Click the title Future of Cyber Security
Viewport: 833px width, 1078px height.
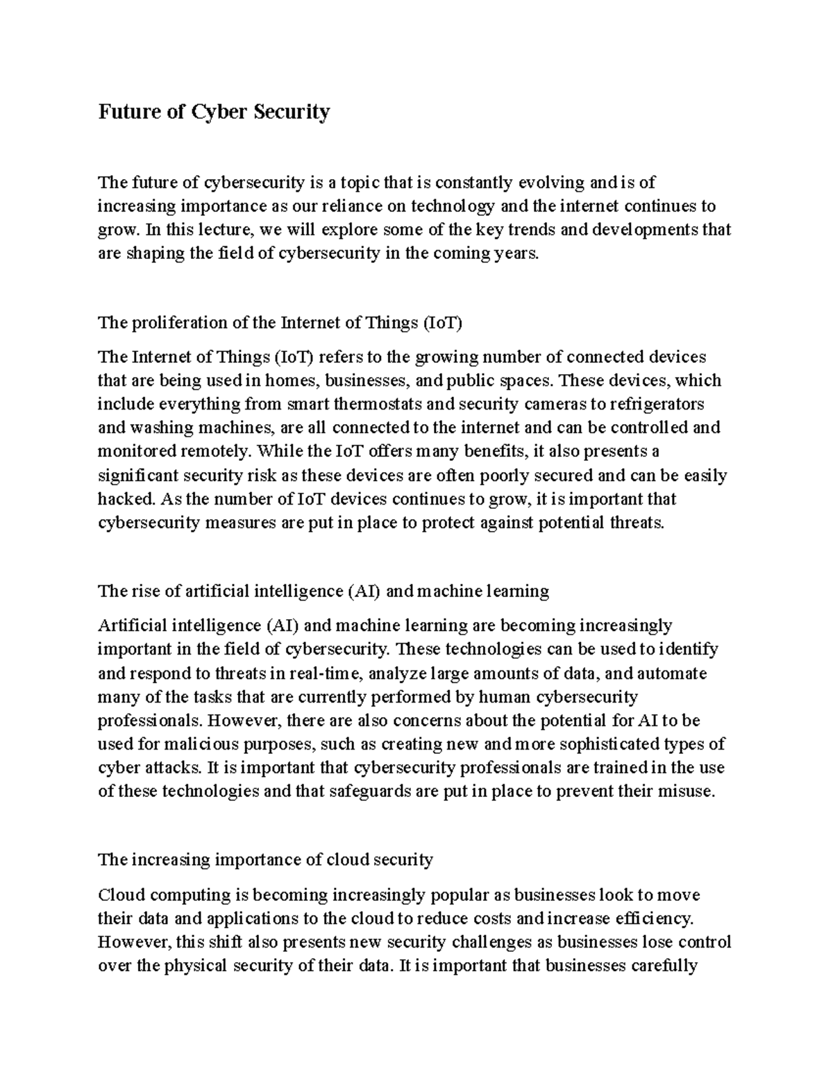click(214, 112)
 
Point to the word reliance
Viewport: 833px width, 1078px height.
click(361, 206)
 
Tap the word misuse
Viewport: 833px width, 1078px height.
click(687, 791)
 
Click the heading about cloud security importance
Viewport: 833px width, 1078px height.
click(265, 860)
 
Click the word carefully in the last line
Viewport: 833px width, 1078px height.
click(655, 966)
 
